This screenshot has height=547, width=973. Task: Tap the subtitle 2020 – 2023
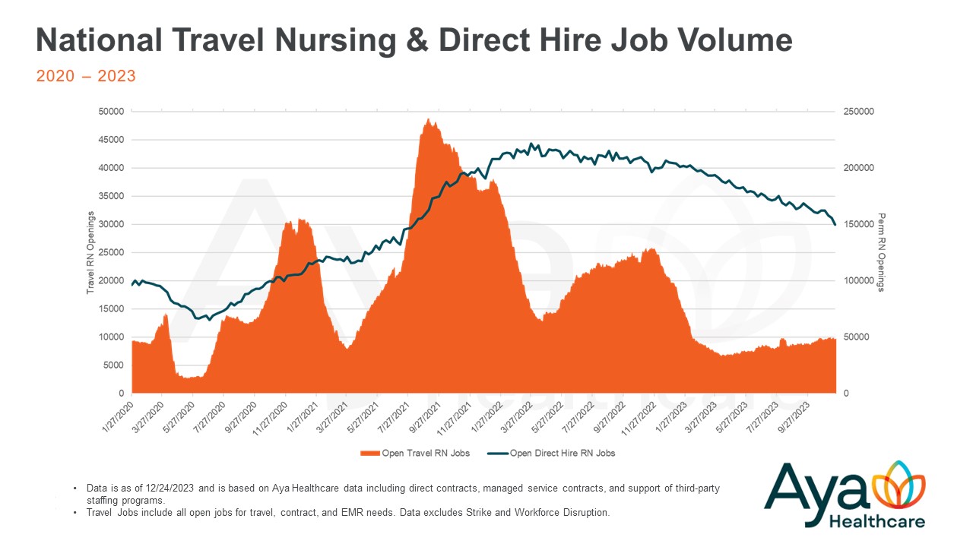tap(86, 76)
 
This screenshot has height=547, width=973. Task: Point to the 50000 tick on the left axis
tap(111, 112)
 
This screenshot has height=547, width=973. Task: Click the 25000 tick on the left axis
tap(111, 252)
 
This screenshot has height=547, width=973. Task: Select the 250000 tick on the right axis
tap(859, 112)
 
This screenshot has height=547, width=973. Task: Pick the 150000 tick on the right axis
tap(859, 224)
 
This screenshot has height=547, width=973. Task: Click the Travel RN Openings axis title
tap(90, 252)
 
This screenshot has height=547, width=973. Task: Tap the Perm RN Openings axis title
tap(881, 252)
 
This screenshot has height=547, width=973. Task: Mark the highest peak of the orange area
tap(429, 120)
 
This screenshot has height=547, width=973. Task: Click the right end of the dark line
tap(835, 224)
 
